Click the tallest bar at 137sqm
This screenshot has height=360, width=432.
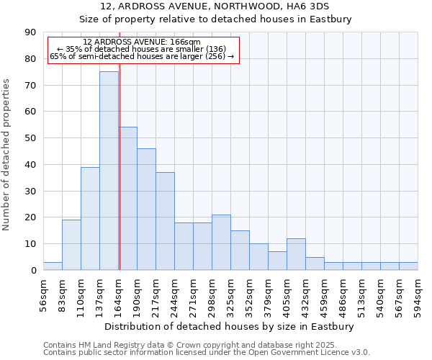coord(109,171)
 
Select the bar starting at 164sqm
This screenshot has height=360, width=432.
coord(128,198)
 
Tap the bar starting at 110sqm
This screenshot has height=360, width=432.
coord(90,218)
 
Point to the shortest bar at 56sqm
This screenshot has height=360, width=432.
coord(53,266)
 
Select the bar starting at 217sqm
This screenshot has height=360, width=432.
coord(165,221)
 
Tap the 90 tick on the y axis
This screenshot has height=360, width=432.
coord(31,32)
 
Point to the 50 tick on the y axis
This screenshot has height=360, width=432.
coord(31,138)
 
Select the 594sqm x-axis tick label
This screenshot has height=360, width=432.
coord(418,296)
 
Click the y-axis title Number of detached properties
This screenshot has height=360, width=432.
coord(7,155)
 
